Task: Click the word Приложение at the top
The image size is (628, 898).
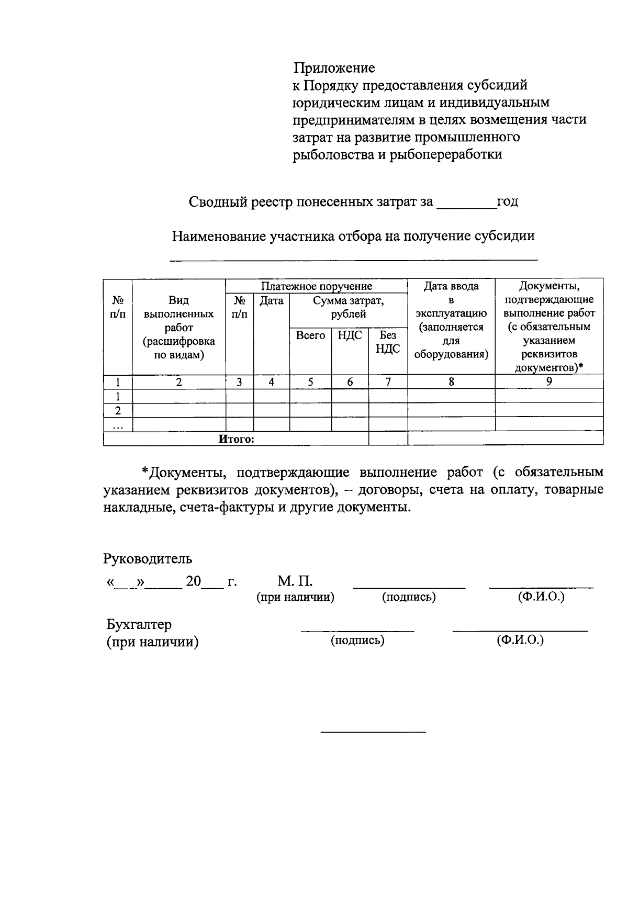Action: click(x=334, y=68)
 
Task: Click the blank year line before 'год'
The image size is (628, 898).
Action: click(x=466, y=206)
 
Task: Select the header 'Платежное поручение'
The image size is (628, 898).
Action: click(x=317, y=286)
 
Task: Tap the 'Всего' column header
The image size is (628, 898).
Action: click(x=310, y=335)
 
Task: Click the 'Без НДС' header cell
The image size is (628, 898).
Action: click(x=388, y=342)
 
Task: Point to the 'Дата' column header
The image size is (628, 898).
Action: click(x=272, y=300)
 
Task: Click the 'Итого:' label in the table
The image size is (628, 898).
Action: click(x=236, y=439)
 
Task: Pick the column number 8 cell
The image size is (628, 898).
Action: click(x=451, y=382)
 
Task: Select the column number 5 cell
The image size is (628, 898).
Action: click(x=310, y=382)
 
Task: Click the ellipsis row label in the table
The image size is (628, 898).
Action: click(x=118, y=425)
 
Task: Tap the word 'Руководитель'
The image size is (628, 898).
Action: click(x=148, y=558)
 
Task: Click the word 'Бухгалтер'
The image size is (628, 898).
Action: click(x=139, y=624)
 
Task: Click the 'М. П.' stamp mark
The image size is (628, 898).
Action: click(x=295, y=581)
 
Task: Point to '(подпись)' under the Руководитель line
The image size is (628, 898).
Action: click(x=409, y=597)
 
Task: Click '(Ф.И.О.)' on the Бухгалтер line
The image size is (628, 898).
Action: click(x=520, y=639)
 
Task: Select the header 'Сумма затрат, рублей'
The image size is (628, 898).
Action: click(x=348, y=307)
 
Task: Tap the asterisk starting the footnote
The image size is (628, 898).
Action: click(x=145, y=472)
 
